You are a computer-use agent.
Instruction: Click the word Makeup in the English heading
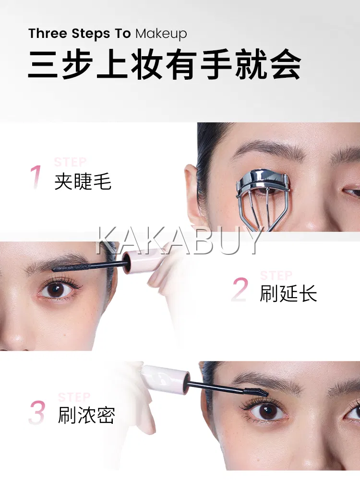pos(161,34)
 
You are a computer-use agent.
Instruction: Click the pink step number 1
pos(36,177)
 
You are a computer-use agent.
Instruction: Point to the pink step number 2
pos(240,289)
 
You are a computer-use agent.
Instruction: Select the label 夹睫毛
pos(83,182)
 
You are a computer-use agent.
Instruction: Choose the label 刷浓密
pos(86,415)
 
